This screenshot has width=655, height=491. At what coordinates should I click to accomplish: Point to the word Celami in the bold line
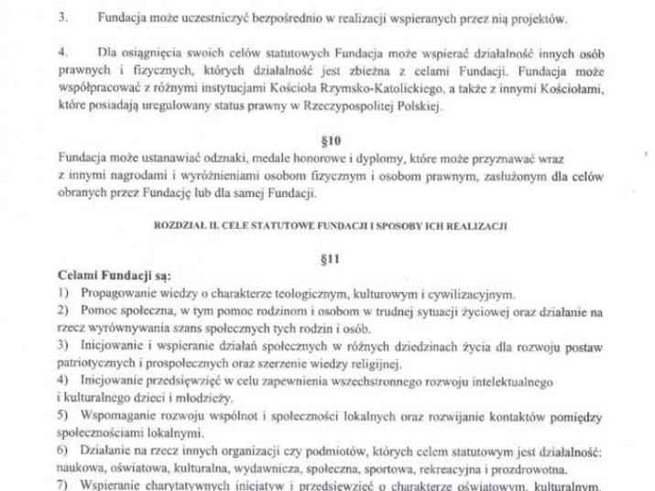(x=79, y=277)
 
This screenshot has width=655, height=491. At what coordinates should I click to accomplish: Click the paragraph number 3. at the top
(x=62, y=17)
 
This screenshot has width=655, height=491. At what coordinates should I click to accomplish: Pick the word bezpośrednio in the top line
(x=266, y=17)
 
